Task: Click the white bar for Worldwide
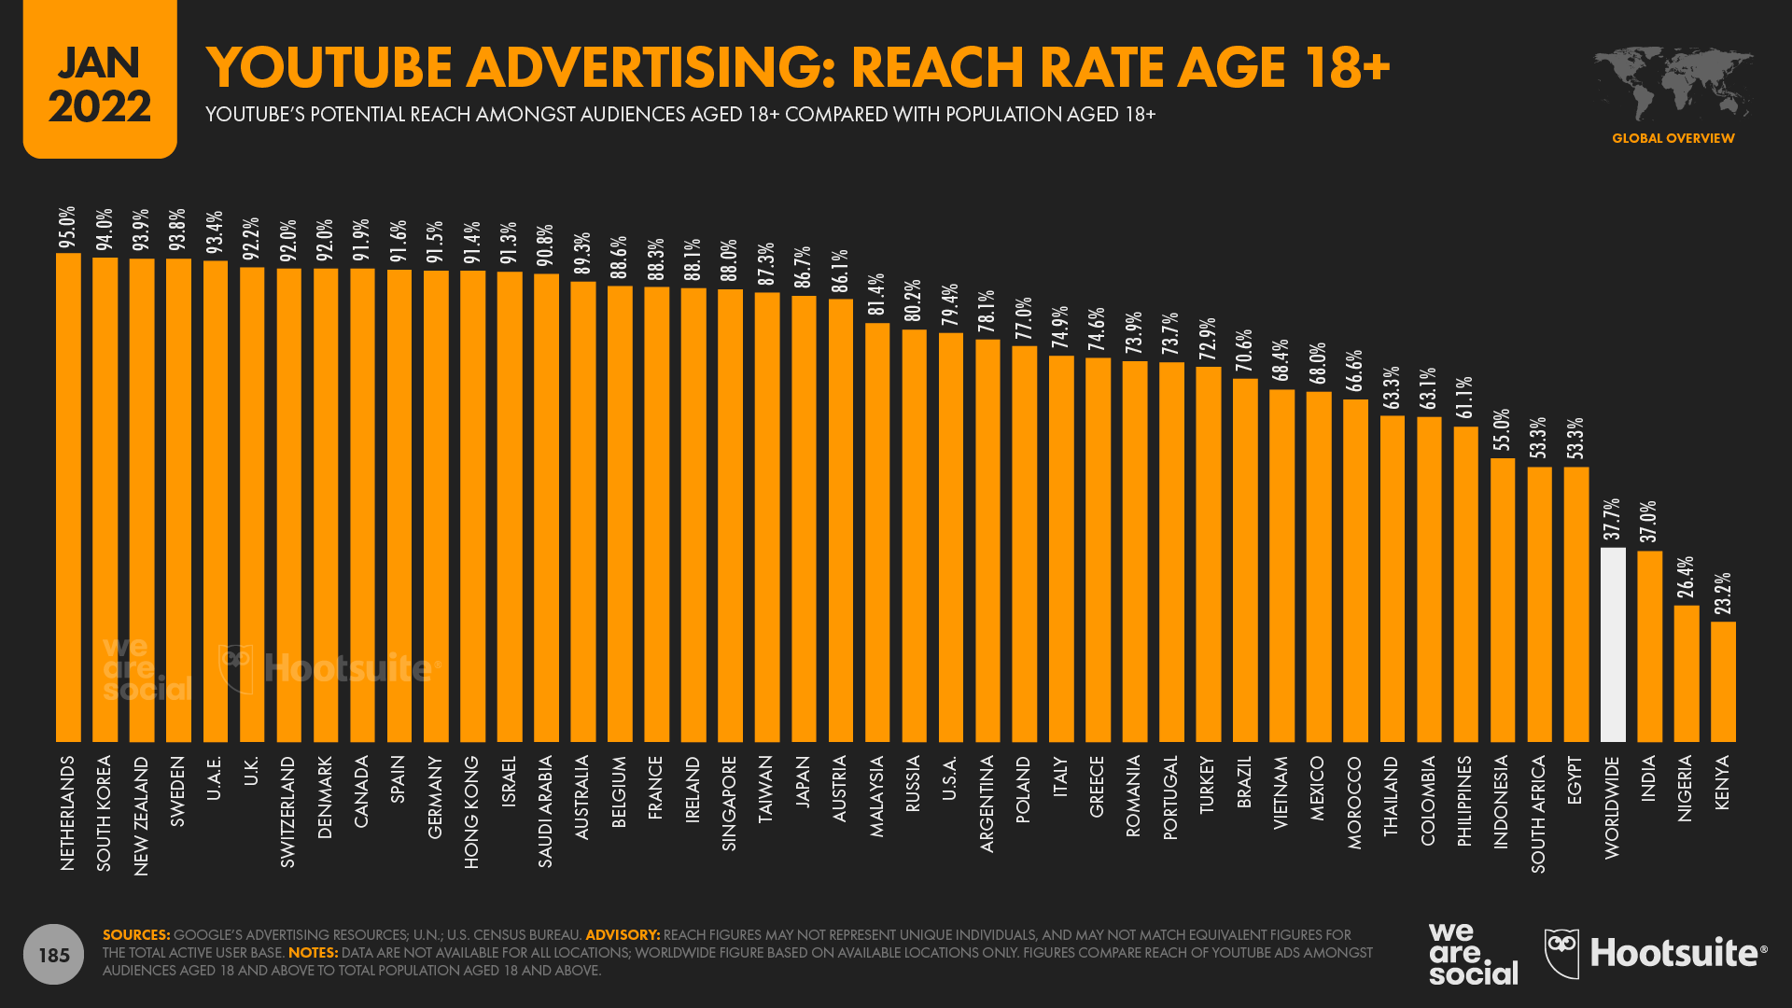tap(1613, 644)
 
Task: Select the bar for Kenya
tap(1723, 681)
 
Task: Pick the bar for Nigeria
tap(1687, 673)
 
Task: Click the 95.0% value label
tap(67, 228)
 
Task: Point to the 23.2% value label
tap(1723, 595)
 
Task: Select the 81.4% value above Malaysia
tap(876, 295)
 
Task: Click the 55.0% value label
tap(1502, 431)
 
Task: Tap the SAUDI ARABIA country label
tap(546, 811)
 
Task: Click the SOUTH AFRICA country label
tap(1539, 814)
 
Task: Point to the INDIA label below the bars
tap(1649, 778)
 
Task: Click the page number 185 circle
tap(54, 955)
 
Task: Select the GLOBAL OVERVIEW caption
tap(1673, 138)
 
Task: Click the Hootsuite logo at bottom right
tap(1656, 953)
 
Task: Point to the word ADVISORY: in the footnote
tap(623, 935)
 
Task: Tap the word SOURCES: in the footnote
tap(136, 935)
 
